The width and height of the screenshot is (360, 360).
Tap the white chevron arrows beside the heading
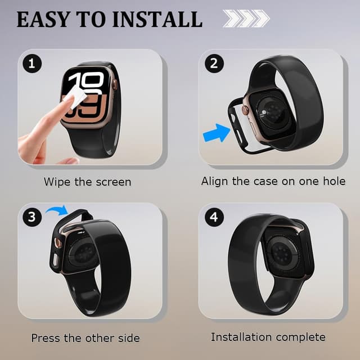click(x=246, y=19)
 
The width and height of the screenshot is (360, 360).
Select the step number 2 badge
click(x=213, y=63)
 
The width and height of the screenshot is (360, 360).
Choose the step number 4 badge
click(x=214, y=217)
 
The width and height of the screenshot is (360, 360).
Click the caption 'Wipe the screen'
click(x=87, y=182)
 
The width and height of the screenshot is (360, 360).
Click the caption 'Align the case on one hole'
click(x=273, y=181)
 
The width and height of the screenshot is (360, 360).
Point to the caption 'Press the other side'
click(x=85, y=338)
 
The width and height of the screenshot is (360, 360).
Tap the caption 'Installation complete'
click(x=268, y=337)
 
